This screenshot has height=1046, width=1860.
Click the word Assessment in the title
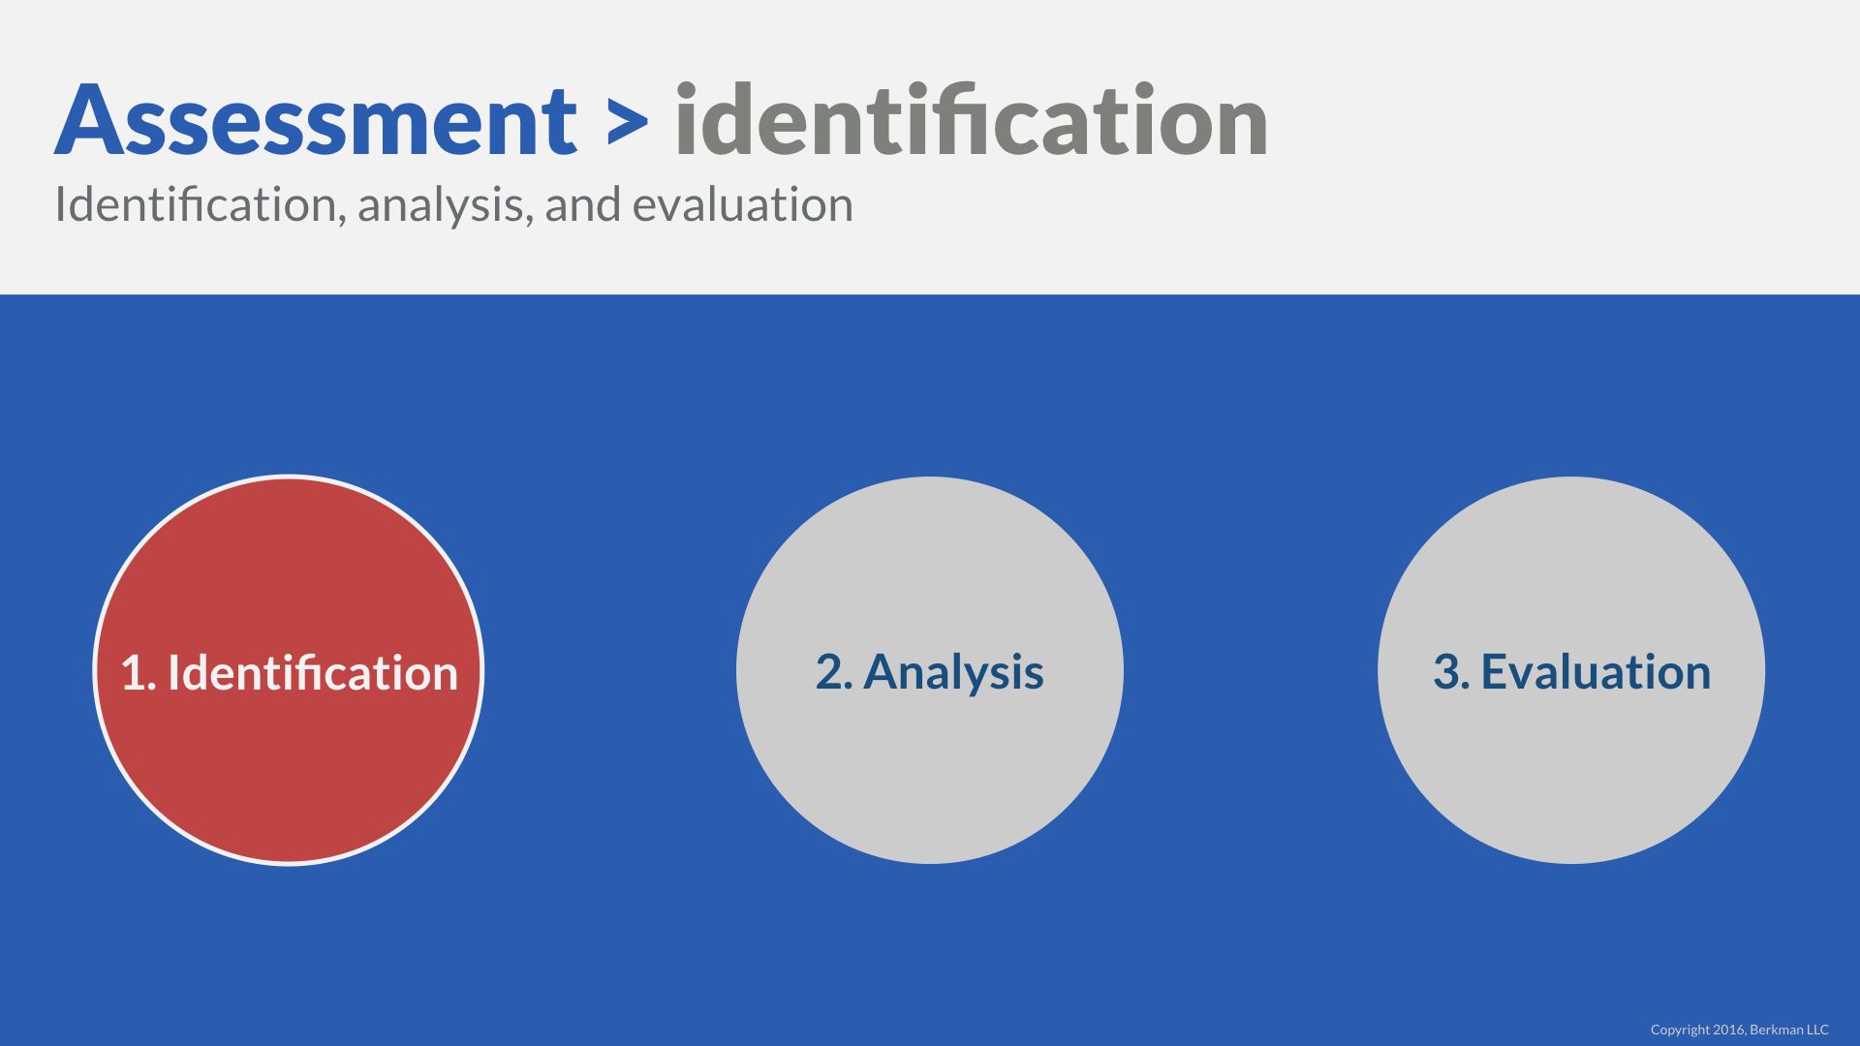click(x=316, y=120)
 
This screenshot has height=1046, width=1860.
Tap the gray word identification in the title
click(x=972, y=118)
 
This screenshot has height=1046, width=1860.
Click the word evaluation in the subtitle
click(x=743, y=204)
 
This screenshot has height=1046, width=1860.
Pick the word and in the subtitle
click(x=583, y=204)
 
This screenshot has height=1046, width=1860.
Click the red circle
click(x=288, y=669)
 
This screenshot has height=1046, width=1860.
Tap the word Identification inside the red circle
click(x=313, y=672)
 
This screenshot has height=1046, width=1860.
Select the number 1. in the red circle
click(x=139, y=673)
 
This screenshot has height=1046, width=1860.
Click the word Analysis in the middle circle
click(x=953, y=673)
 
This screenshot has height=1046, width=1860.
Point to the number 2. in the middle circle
click(x=834, y=673)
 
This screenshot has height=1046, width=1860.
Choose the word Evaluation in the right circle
click(x=1596, y=672)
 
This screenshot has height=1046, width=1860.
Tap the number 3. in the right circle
click(x=1451, y=673)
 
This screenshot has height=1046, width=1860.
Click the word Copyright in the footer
click(x=1680, y=1030)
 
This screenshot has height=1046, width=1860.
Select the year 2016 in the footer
click(x=1729, y=1030)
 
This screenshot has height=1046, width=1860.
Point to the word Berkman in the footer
click(x=1776, y=1030)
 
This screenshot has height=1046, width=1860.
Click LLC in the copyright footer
click(x=1817, y=1030)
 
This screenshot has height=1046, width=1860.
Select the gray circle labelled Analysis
click(x=930, y=669)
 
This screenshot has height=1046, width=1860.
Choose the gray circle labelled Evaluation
click(x=1571, y=669)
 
